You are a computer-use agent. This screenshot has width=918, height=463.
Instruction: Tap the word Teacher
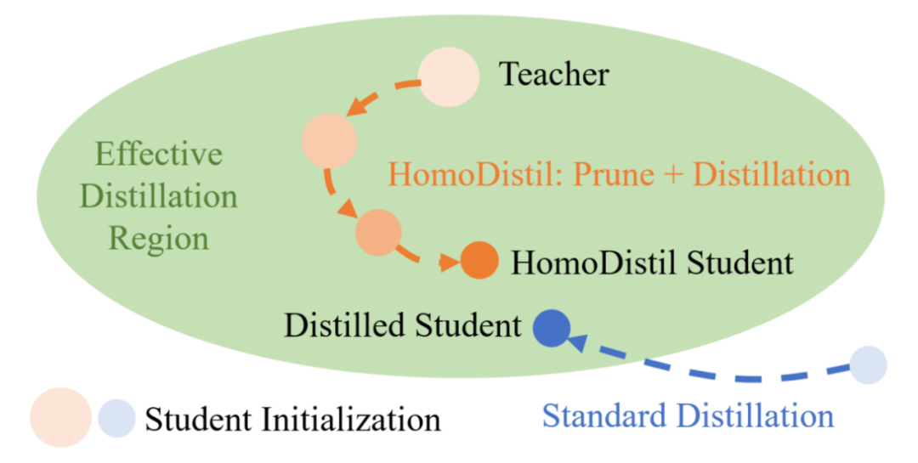coord(553,75)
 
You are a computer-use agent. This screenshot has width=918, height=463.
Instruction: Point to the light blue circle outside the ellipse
coord(868,364)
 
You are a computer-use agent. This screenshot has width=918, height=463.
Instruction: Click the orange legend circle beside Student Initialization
coord(60,417)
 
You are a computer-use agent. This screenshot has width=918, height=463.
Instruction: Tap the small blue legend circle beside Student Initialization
coord(116,418)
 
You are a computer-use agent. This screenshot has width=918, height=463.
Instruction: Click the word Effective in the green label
coord(159,155)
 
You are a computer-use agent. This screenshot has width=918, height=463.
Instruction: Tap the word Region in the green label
coord(159,239)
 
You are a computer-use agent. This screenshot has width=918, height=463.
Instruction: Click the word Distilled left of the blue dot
coord(343,325)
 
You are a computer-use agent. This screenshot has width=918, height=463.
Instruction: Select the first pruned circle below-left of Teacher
coord(328,142)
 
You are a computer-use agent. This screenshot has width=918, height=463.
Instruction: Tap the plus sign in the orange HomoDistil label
coord(675,175)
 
